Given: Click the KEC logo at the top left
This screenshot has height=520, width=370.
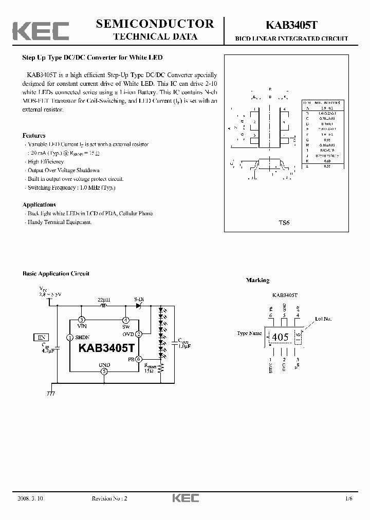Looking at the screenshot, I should [41, 31].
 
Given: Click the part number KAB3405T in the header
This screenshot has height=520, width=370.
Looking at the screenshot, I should [291, 25].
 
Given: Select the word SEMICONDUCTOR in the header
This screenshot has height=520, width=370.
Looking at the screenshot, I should [155, 24].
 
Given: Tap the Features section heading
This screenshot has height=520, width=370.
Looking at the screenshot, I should [34, 136].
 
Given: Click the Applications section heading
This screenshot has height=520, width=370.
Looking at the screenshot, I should [39, 205].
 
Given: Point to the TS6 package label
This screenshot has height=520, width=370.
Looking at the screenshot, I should [284, 224].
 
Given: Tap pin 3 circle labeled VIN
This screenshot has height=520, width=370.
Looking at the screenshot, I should [81, 320].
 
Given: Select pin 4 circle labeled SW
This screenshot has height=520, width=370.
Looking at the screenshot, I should [126, 320].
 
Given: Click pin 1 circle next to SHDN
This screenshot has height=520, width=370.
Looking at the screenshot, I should [70, 338].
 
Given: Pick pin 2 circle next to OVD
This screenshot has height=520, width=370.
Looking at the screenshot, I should [139, 333].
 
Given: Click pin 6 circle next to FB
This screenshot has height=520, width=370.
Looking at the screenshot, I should [139, 359].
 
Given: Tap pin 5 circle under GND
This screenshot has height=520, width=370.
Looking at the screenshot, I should [104, 371].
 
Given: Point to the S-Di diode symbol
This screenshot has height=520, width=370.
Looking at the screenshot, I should [139, 305].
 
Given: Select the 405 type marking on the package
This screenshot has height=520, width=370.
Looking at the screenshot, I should [280, 338].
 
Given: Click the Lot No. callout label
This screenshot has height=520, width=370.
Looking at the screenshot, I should [323, 319].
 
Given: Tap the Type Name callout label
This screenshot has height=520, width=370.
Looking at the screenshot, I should [249, 333].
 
